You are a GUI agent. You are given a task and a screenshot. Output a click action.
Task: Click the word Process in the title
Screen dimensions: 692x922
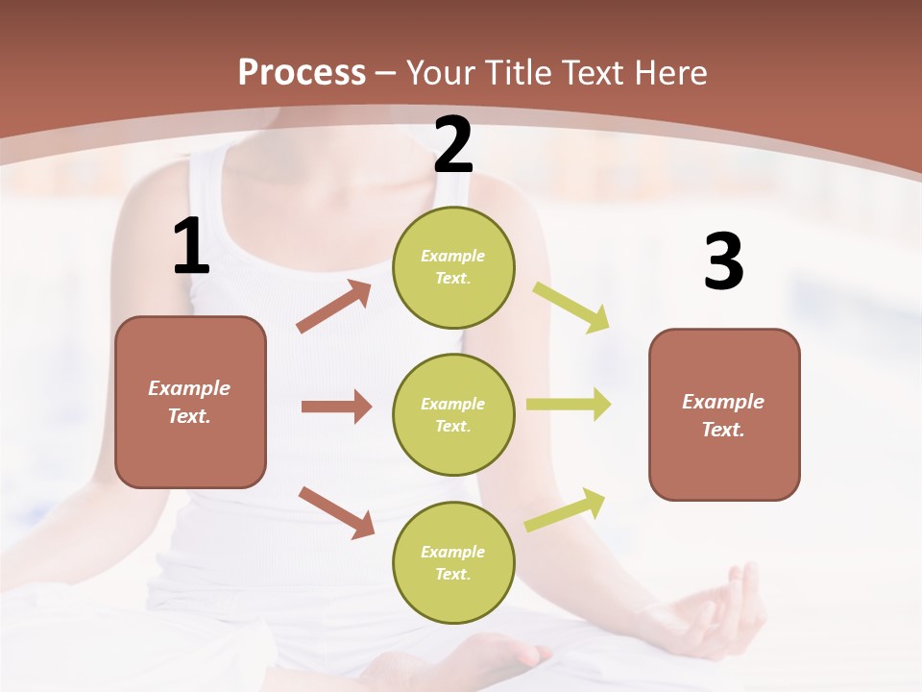click(x=302, y=73)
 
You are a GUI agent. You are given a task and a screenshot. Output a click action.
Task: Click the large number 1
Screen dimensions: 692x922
click(x=191, y=247)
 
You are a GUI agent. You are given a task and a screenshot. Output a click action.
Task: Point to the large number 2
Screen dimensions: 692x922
click(x=453, y=145)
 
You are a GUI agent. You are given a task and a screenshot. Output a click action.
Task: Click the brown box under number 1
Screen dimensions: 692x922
click(x=190, y=402)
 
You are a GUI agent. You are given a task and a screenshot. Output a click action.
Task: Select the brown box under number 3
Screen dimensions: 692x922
click(x=724, y=415)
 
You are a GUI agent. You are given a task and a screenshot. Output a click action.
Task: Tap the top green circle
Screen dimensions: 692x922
click(x=453, y=267)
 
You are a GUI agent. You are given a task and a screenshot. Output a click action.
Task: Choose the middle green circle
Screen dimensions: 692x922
click(x=453, y=415)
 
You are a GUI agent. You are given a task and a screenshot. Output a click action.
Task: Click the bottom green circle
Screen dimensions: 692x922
click(x=453, y=563)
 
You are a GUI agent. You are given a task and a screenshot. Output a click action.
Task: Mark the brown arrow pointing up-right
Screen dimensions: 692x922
click(x=334, y=307)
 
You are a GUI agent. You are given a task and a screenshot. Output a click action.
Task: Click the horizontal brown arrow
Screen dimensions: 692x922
click(x=336, y=407)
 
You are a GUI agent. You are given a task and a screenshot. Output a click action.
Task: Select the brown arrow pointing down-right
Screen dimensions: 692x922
click(x=337, y=512)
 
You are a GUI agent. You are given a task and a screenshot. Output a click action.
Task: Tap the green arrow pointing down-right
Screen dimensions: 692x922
click(x=571, y=308)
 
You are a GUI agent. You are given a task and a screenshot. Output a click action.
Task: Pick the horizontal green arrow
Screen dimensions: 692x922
click(x=569, y=405)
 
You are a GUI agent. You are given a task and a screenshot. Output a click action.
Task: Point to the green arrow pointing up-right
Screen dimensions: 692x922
click(x=566, y=509)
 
